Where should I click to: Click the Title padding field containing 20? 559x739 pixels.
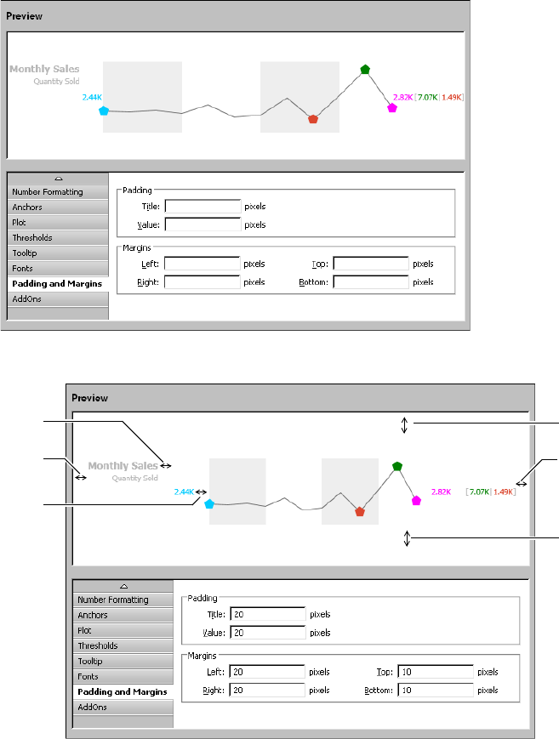[266, 614]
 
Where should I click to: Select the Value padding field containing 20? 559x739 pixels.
[266, 633]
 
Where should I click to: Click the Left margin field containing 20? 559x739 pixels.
[266, 672]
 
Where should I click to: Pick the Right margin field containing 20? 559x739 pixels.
[266, 691]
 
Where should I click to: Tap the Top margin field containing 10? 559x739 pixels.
[435, 672]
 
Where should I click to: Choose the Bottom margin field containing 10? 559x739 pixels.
[435, 691]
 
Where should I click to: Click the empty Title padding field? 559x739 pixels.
[202, 206]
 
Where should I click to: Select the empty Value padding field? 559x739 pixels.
[202, 225]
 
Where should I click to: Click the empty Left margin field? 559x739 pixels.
[202, 264]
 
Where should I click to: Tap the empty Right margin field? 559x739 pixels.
[202, 282]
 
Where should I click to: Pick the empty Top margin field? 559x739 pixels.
[370, 264]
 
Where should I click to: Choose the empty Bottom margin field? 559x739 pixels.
[370, 282]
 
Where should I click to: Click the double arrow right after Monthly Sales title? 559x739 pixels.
[166, 465]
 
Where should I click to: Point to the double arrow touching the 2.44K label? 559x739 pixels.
[201, 491]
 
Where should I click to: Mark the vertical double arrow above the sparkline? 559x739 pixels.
[405, 424]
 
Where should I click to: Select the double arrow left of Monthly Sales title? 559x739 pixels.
[81, 478]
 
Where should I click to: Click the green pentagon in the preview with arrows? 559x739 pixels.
[396, 466]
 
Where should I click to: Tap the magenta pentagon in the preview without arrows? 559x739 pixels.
[392, 108]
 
